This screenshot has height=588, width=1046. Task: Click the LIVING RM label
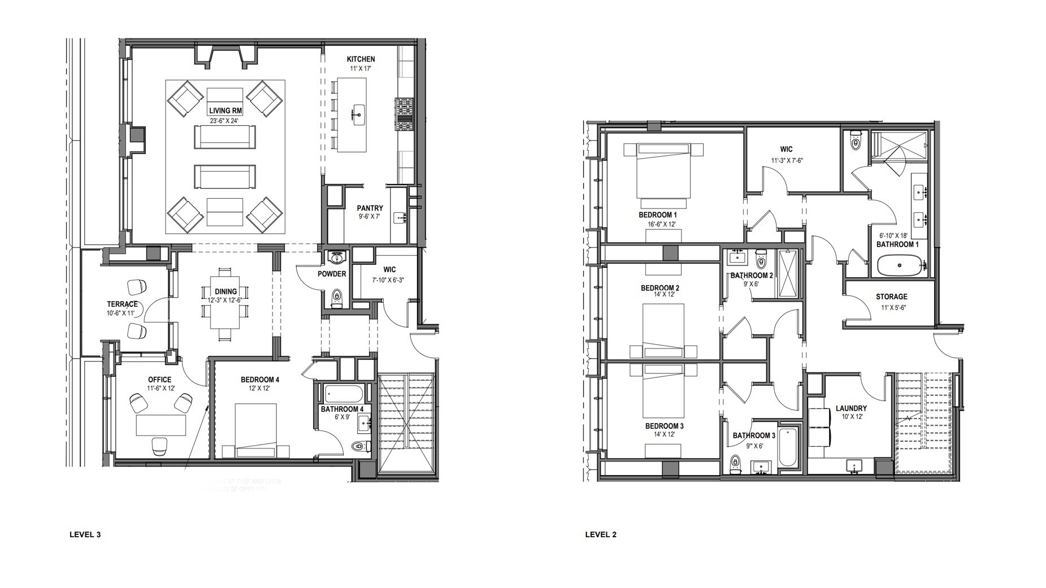(225, 111)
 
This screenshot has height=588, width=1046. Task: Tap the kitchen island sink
(358, 114)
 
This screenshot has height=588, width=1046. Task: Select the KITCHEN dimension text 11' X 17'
(360, 68)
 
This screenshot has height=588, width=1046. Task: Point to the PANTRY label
(370, 208)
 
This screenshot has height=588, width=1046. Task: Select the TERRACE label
(122, 304)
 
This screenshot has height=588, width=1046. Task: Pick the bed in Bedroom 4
(255, 430)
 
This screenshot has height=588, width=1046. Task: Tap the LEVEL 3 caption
(85, 534)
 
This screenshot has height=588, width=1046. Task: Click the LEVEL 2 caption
(601, 534)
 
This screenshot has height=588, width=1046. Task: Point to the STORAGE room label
(891, 297)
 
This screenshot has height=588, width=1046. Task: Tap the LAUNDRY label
(851, 408)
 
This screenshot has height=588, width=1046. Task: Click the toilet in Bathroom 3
(735, 463)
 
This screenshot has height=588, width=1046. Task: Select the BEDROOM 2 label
(659, 288)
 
